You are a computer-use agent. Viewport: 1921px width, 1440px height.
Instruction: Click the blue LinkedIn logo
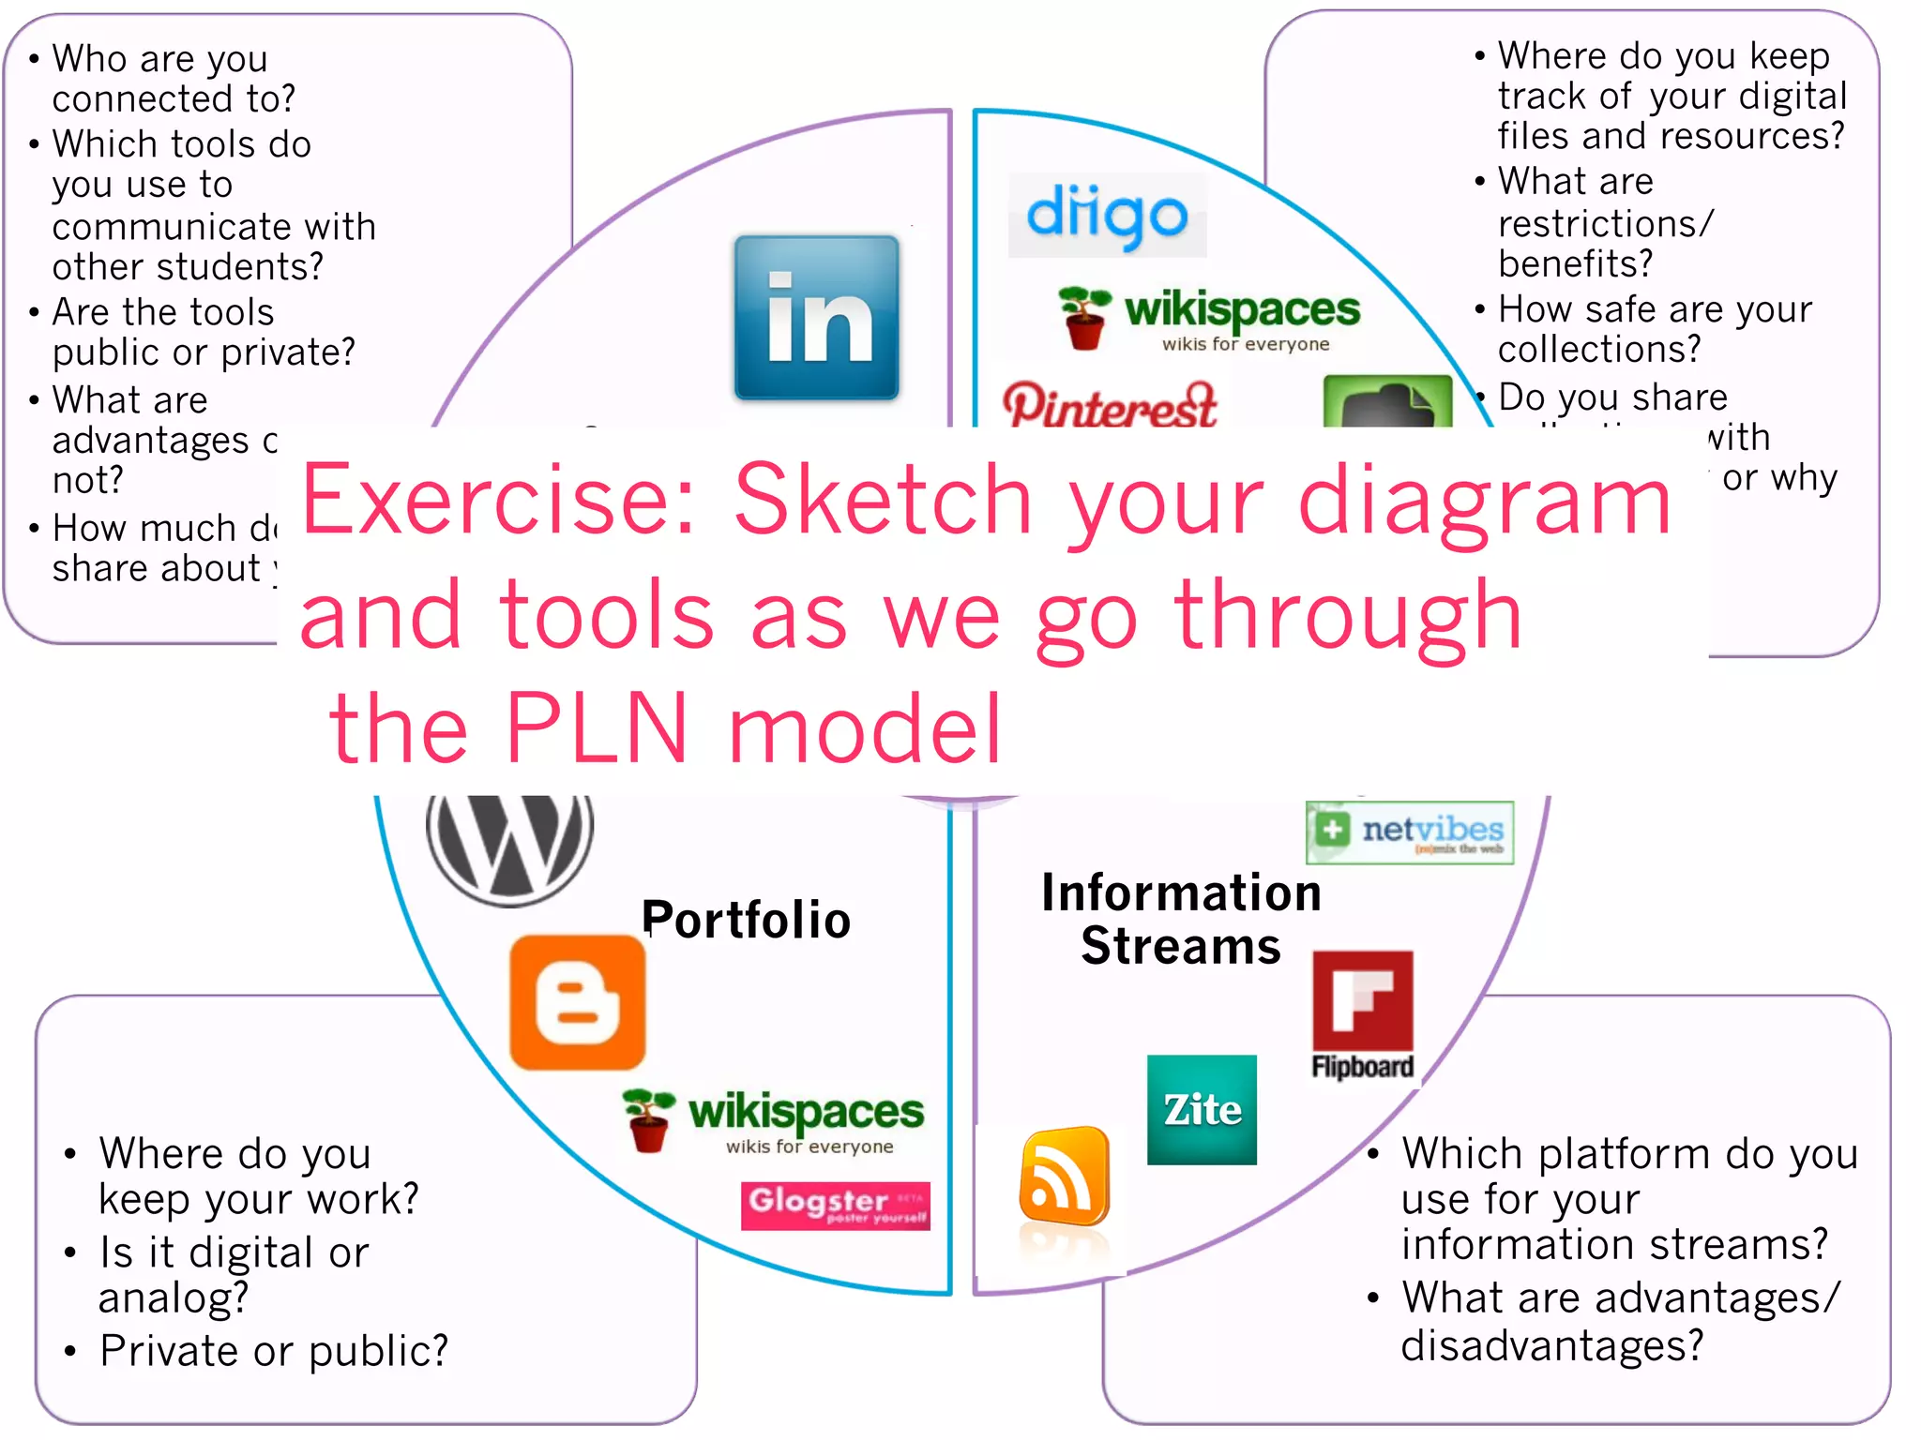pyautogui.click(x=816, y=318)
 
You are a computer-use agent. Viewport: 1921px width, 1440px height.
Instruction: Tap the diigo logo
pyautogui.click(x=1107, y=216)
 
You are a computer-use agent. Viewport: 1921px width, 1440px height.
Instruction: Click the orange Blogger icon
pyautogui.click(x=578, y=1002)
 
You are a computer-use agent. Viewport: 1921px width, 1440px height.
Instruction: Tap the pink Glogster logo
pyautogui.click(x=835, y=1205)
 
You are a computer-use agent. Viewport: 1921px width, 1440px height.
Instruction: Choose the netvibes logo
pyautogui.click(x=1409, y=832)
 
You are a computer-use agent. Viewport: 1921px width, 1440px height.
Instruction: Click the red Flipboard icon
pyautogui.click(x=1363, y=1003)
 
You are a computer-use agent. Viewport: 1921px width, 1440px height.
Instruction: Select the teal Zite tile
pyautogui.click(x=1202, y=1110)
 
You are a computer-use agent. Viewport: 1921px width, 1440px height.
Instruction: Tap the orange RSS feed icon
pyautogui.click(x=1065, y=1177)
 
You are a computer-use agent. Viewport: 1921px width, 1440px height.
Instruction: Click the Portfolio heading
pyautogui.click(x=747, y=920)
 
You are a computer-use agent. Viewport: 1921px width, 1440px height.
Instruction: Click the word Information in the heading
pyautogui.click(x=1181, y=892)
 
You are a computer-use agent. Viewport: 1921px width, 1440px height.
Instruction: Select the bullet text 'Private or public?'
pyautogui.click(x=274, y=1351)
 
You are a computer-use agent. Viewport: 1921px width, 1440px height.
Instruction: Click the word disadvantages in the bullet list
pyautogui.click(x=1551, y=1345)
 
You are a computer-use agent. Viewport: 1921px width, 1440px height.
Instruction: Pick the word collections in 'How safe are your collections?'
pyautogui.click(x=1598, y=350)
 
